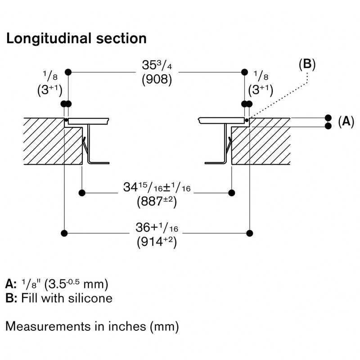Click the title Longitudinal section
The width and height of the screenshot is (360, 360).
(76, 39)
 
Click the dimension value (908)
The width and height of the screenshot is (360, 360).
(157, 81)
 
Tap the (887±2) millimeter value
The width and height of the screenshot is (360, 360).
(156, 202)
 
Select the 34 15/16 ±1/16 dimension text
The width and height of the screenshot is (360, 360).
(157, 188)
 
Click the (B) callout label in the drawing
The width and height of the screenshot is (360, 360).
(307, 64)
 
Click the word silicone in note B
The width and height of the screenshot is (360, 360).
(90, 298)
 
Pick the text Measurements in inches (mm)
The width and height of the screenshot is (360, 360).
(92, 326)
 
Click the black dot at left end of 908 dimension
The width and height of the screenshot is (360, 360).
(68, 72)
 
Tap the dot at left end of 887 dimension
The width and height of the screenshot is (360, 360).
(82, 193)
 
